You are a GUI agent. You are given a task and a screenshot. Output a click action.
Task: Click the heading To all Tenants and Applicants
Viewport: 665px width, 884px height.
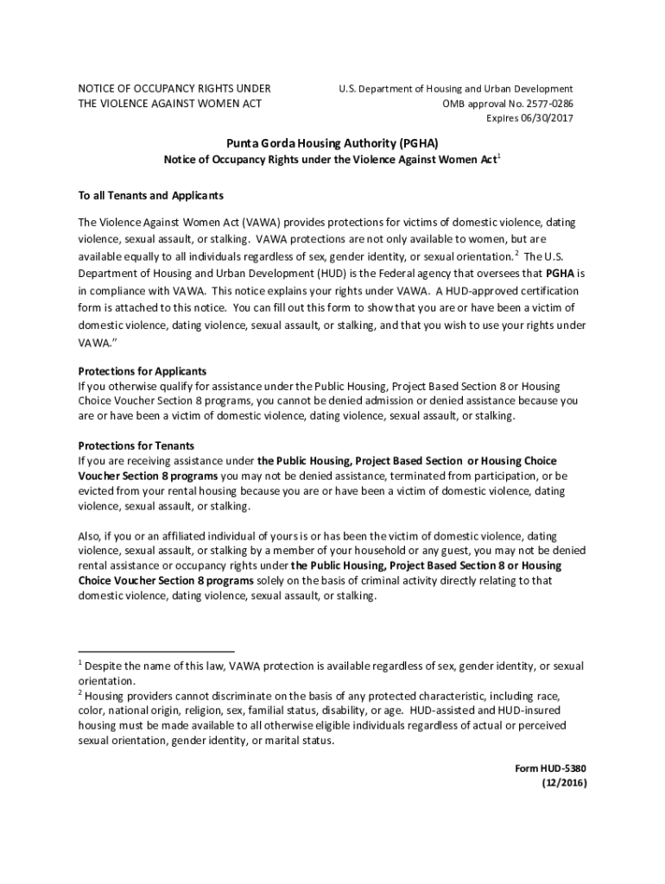151,195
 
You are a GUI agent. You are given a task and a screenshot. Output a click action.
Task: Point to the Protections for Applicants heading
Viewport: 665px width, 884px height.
142,371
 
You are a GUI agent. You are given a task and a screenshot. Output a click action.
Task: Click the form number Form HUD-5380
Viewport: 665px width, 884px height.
549,768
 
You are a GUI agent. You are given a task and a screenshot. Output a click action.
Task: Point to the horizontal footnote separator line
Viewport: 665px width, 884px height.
156,651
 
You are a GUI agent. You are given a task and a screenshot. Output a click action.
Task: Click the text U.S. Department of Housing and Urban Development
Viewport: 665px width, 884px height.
455,89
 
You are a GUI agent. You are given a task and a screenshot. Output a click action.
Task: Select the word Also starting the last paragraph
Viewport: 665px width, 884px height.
91,536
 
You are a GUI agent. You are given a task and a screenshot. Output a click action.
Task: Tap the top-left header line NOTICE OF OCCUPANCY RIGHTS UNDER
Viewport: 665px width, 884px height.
174,89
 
